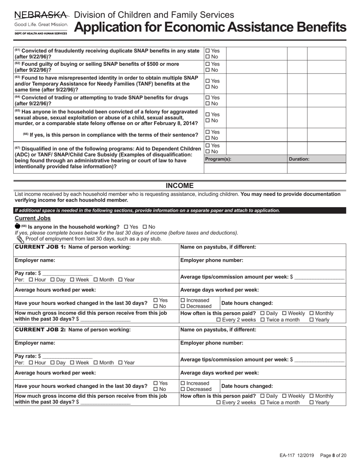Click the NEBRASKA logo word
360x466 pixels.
(x=42, y=15)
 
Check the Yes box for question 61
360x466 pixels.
(x=207, y=51)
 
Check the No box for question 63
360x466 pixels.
(x=207, y=87)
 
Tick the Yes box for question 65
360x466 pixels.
(x=207, y=114)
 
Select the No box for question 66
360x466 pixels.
(x=207, y=138)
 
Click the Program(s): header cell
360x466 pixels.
(x=218, y=159)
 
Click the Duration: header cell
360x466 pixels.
(x=299, y=159)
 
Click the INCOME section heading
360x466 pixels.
(x=180, y=186)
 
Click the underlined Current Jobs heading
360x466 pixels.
(x=33, y=218)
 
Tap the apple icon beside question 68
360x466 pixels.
(x=17, y=226)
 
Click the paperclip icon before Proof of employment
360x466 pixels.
(x=20, y=239)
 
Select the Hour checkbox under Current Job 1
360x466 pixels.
(x=31, y=280)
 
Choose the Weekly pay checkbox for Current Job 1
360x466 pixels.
(x=285, y=313)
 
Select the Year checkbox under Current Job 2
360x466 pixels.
(x=121, y=363)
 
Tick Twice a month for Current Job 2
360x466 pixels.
(x=263, y=402)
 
